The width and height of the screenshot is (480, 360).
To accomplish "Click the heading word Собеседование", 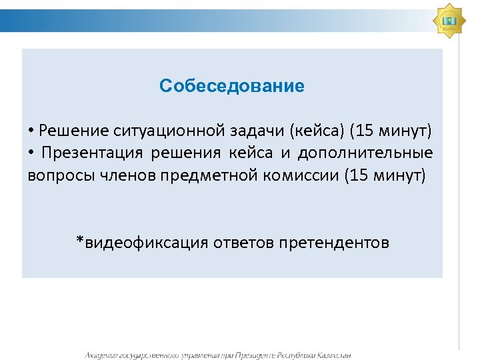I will [232, 86].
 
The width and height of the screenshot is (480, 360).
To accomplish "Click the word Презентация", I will [93, 153].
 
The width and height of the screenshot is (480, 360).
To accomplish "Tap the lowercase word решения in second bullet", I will [186, 153].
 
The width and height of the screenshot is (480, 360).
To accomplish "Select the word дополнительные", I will [365, 153].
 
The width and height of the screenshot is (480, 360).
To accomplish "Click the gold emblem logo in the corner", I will [449, 21].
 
